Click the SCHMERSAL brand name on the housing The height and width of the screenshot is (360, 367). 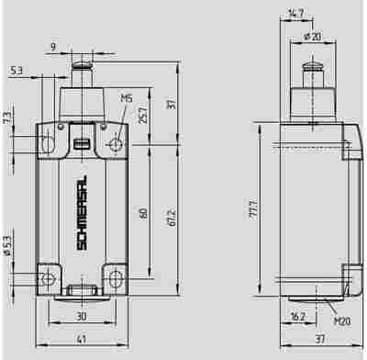(x=82, y=213)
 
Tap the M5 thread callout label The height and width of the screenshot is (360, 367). (x=127, y=98)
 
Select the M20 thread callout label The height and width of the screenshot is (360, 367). (x=342, y=321)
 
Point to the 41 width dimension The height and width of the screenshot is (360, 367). (x=82, y=339)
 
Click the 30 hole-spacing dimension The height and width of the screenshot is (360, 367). (x=82, y=316)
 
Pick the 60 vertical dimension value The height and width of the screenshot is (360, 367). (x=143, y=213)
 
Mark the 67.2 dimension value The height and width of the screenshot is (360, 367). (x=172, y=218)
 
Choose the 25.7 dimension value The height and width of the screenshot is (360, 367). (x=143, y=115)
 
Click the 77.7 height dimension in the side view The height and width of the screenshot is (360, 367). (x=253, y=209)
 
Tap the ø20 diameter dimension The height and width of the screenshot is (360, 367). (x=313, y=37)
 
